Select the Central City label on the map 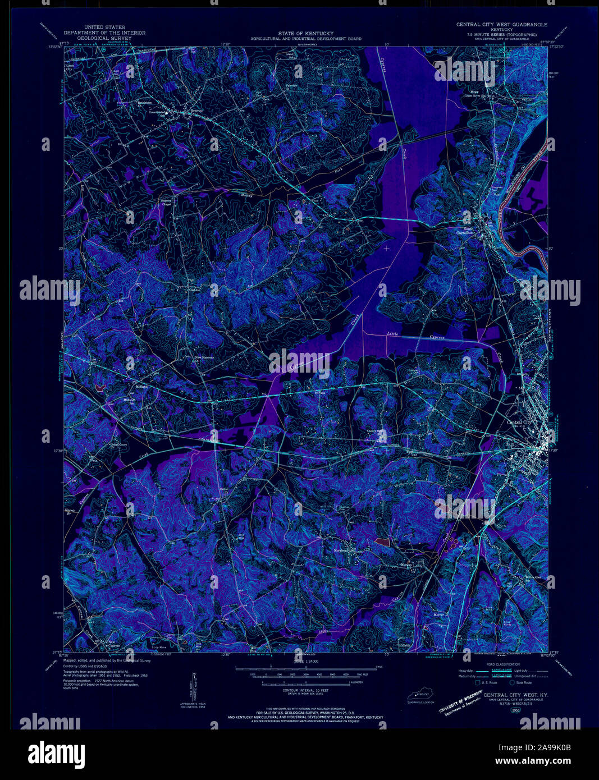click(x=518, y=423)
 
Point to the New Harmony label click(x=204, y=357)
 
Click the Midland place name click(x=141, y=387)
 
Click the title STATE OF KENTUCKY click(x=306, y=34)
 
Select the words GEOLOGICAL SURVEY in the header click(x=104, y=39)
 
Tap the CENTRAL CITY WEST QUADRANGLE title click(x=501, y=25)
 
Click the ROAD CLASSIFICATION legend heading click(x=501, y=663)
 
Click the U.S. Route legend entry click(x=486, y=682)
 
